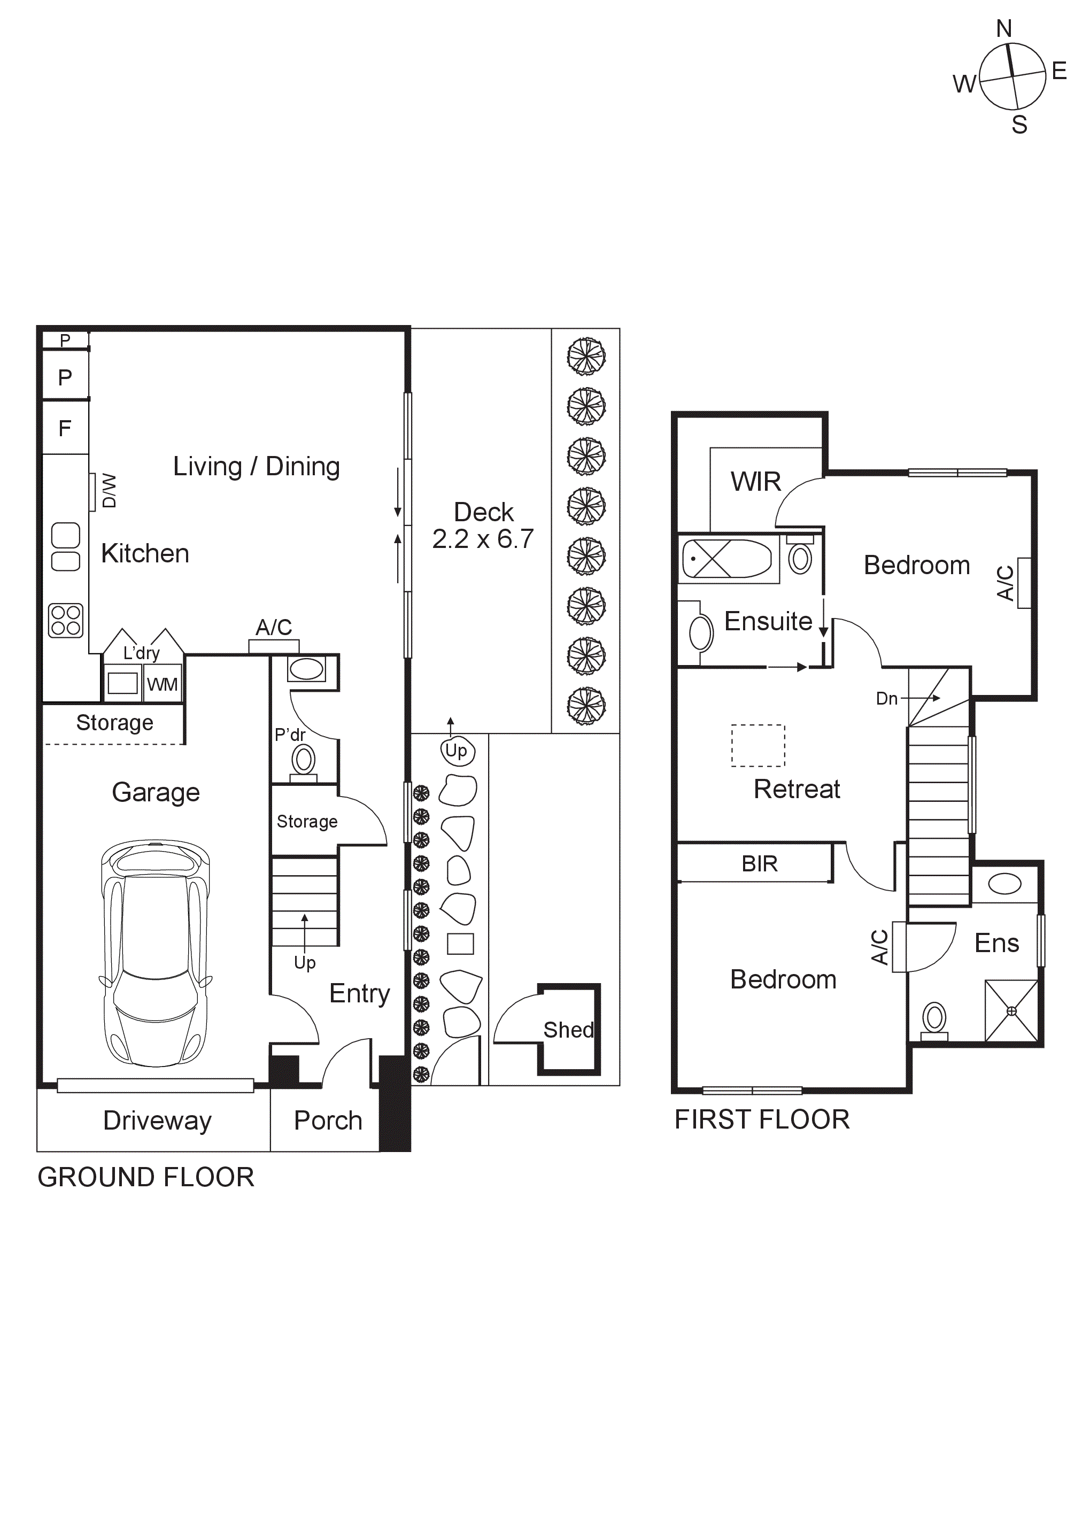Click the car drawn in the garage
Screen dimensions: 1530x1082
(155, 954)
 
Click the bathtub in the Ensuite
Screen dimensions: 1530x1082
(727, 559)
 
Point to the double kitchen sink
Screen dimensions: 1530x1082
(65, 546)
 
